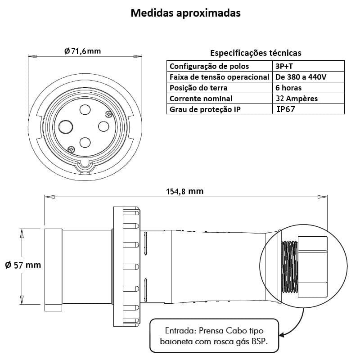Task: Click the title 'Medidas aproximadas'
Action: click(x=185, y=13)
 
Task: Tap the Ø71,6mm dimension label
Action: click(x=82, y=51)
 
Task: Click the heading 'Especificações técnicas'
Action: click(x=256, y=53)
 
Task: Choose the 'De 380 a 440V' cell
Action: click(x=301, y=77)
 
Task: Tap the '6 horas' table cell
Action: click(x=288, y=88)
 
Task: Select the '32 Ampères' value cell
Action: click(x=297, y=99)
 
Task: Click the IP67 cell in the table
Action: click(x=288, y=109)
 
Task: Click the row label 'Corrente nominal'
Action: click(x=201, y=99)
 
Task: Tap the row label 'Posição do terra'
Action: click(x=198, y=88)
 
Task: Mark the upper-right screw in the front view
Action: click(x=108, y=114)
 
